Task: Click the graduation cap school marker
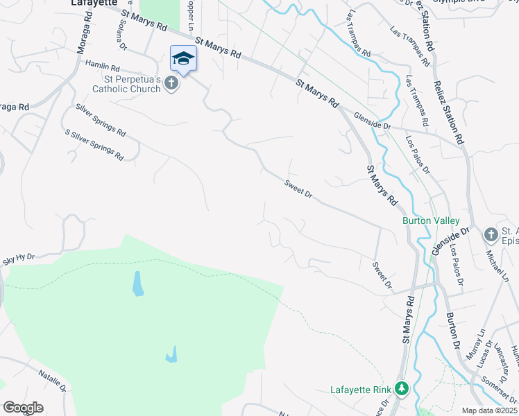[x=183, y=58]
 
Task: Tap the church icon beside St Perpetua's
[x=171, y=84]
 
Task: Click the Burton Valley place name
[x=431, y=221]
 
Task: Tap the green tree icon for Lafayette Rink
[x=401, y=389]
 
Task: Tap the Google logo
[x=23, y=408]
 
